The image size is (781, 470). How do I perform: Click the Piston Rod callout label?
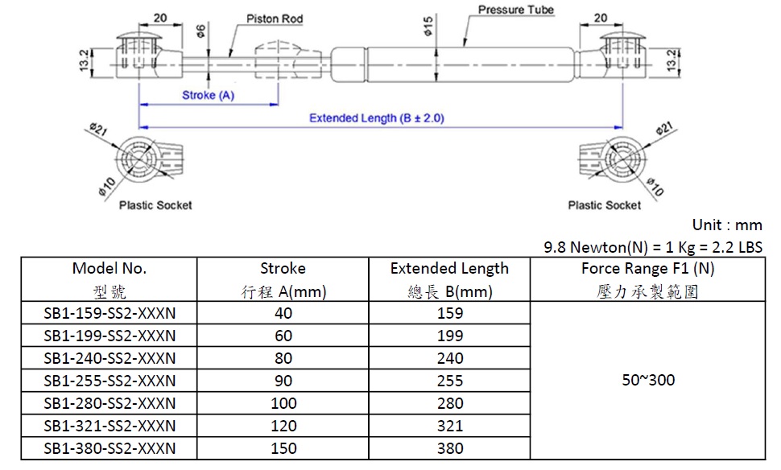pos(275,19)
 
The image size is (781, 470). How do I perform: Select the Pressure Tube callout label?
pos(516,10)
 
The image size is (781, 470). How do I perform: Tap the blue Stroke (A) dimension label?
pos(208,95)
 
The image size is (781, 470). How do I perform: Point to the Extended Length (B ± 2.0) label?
pos(377,118)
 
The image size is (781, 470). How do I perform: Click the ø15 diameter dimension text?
pos(428,26)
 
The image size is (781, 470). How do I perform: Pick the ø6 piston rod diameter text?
pos(200,31)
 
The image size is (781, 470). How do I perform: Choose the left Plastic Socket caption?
pos(155,205)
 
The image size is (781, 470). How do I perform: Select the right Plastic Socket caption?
pos(604,205)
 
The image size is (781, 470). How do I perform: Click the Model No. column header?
pos(109,269)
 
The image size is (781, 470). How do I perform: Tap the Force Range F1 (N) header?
pos(647,269)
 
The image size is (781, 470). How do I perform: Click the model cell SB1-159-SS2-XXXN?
pos(110,313)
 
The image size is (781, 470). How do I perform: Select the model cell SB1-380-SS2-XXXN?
pos(110,448)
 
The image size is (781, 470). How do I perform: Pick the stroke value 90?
pos(283,381)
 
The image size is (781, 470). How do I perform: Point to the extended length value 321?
pos(450,426)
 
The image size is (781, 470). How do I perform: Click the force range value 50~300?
pos(648,380)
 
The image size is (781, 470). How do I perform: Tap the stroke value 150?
pos(283,448)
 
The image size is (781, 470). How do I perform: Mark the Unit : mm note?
pos(727,225)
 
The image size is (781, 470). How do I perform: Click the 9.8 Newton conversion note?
pos(653,247)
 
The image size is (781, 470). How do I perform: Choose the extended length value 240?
pos(450,358)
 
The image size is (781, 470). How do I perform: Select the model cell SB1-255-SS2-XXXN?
pos(110,381)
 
